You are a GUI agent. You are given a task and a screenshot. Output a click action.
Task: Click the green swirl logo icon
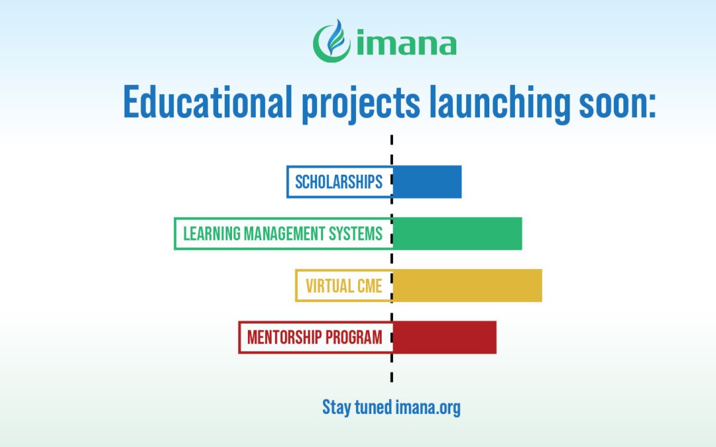click(x=331, y=41)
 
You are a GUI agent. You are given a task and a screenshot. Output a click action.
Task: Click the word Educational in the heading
click(x=208, y=101)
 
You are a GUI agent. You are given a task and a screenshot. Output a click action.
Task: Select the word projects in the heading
click(x=360, y=104)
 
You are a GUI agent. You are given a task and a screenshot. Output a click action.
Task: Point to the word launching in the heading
click(x=500, y=104)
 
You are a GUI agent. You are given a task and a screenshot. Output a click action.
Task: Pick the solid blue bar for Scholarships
click(x=427, y=181)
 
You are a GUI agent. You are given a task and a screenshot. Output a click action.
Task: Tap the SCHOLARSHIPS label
click(x=339, y=182)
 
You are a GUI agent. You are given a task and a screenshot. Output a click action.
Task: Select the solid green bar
click(x=457, y=234)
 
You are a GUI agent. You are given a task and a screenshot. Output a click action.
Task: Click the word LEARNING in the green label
click(x=211, y=234)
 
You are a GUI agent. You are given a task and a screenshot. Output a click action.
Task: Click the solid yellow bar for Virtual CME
click(x=467, y=285)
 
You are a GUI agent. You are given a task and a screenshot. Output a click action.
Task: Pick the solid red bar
click(x=444, y=338)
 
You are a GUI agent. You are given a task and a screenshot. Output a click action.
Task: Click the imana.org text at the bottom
click(x=428, y=408)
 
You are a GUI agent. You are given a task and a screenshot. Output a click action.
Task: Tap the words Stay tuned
click(x=357, y=407)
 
